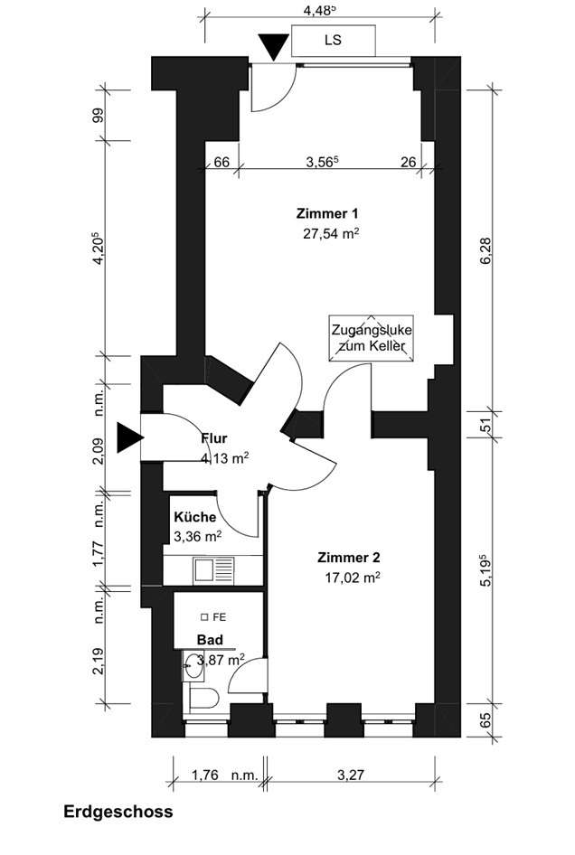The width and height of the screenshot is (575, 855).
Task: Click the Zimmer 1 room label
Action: (327, 213)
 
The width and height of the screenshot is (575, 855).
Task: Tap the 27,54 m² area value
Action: (331, 234)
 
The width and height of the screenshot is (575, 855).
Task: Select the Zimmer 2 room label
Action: (349, 558)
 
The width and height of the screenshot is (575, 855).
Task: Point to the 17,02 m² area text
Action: (353, 578)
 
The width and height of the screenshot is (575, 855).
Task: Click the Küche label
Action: (194, 517)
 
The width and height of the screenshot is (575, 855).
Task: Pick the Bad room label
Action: (210, 640)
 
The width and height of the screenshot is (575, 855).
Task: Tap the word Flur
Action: (214, 438)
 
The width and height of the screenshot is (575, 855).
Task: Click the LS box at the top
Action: (334, 40)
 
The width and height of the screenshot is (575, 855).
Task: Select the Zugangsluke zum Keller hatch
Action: (371, 338)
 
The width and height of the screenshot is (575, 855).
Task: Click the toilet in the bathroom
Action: (204, 698)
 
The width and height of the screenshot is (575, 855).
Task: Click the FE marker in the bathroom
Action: (213, 617)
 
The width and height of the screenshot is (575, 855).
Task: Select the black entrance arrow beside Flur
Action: (130, 437)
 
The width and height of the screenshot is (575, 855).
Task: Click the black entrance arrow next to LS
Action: (273, 47)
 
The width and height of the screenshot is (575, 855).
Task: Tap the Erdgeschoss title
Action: (118, 812)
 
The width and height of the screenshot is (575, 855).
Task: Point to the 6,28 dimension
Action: (485, 251)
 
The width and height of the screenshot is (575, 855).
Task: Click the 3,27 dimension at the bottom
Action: (350, 775)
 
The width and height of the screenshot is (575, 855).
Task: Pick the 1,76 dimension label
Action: (204, 775)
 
